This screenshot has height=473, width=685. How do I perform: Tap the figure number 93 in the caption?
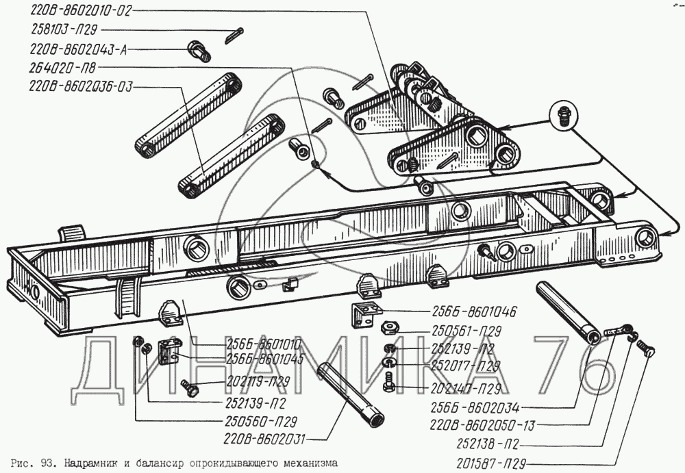point(46,461)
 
